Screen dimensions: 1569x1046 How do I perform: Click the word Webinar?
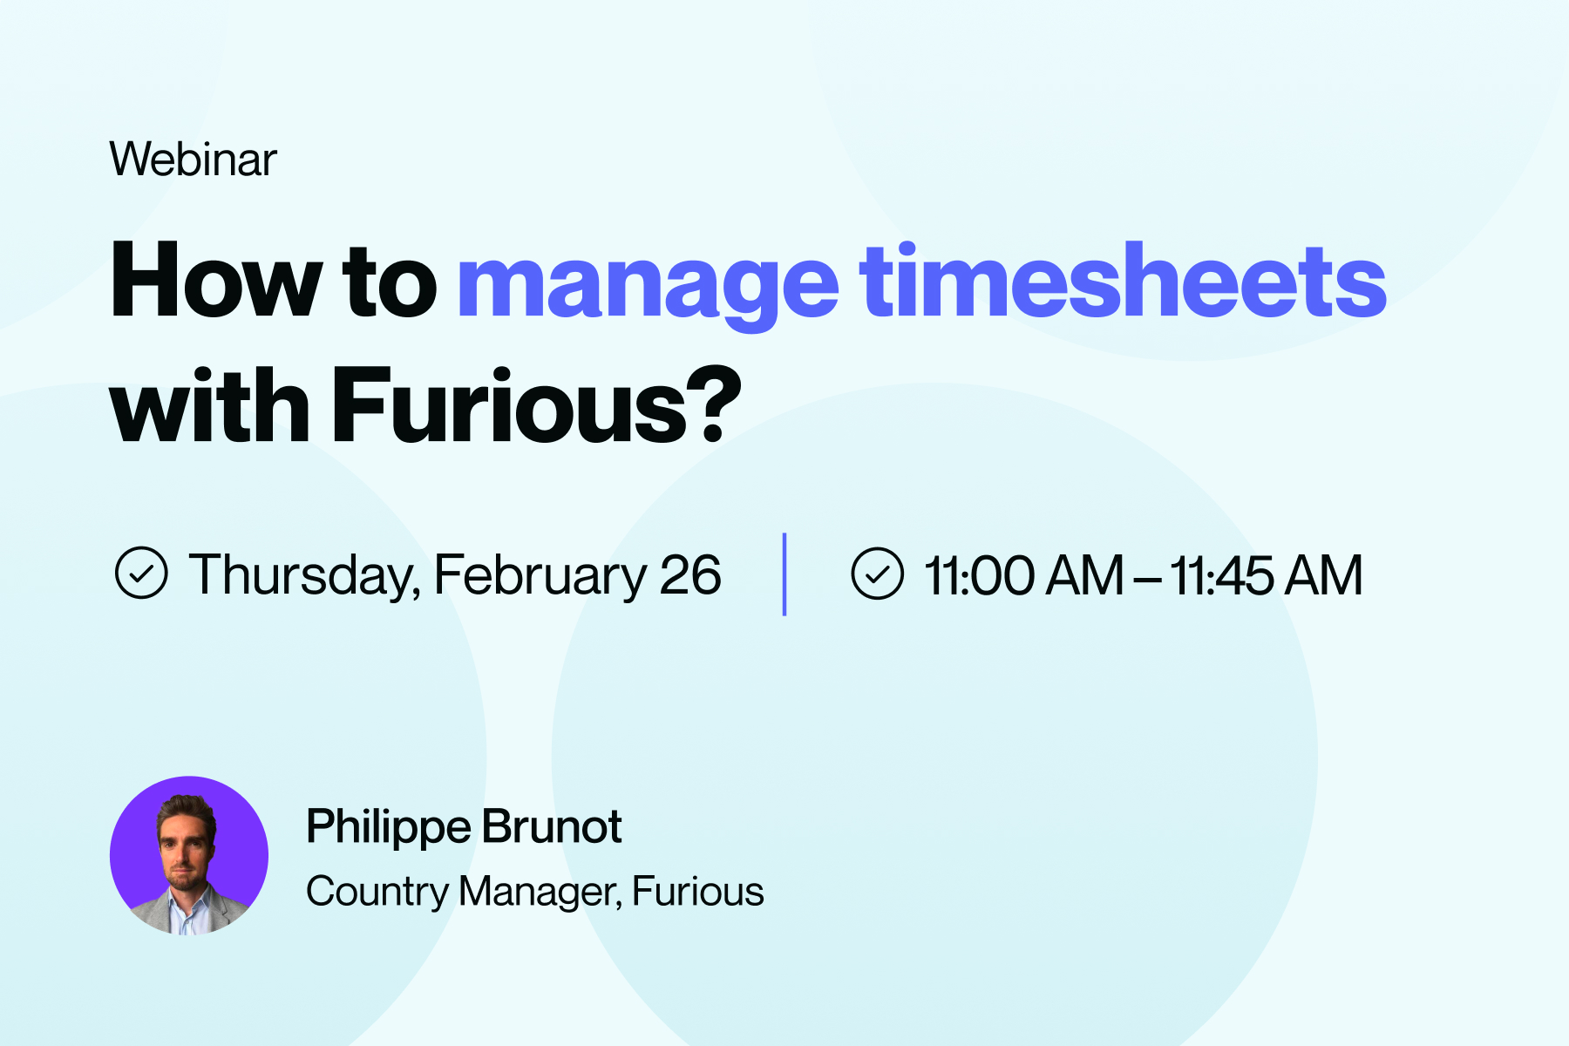click(193, 159)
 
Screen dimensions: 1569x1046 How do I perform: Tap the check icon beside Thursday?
click(141, 574)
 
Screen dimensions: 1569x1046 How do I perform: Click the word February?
click(540, 576)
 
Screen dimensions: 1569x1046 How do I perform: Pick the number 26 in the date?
click(690, 575)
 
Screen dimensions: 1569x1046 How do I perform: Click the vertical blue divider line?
click(784, 574)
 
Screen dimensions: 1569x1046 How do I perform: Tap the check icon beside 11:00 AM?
click(877, 574)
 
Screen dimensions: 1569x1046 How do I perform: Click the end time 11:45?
click(1220, 575)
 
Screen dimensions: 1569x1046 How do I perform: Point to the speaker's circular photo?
click(189, 855)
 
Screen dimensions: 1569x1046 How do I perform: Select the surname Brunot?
click(552, 826)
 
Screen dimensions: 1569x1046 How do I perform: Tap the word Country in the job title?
click(377, 893)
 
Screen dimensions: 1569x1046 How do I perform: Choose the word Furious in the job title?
click(698, 892)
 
